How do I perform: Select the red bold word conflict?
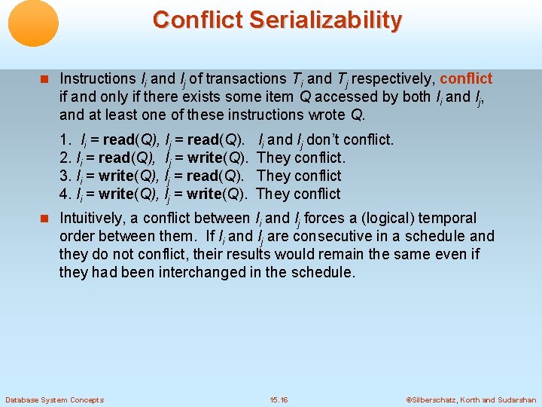tap(466, 78)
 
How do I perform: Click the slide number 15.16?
tap(279, 399)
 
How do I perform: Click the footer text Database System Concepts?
tap(54, 399)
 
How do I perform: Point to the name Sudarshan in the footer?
tap(516, 399)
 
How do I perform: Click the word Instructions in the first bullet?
tap(97, 78)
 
